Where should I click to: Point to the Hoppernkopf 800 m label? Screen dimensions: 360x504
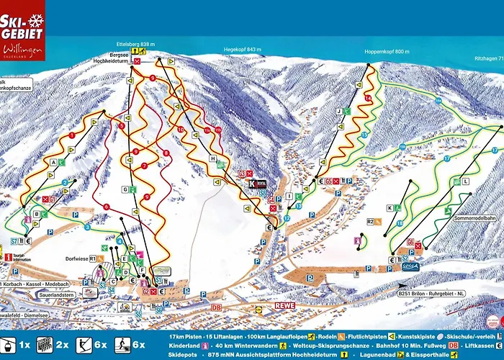(387, 52)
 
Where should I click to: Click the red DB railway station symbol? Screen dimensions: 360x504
(215, 307)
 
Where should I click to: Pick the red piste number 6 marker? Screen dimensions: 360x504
(106, 207)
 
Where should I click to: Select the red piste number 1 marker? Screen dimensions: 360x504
(72, 135)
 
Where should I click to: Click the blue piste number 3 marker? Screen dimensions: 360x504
(88, 227)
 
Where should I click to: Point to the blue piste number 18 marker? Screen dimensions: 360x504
(399, 224)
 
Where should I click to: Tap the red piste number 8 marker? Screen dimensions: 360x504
(166, 153)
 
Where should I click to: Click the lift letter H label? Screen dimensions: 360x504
(212, 158)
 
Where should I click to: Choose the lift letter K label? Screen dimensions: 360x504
(390, 208)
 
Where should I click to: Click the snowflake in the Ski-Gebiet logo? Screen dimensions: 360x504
(35, 22)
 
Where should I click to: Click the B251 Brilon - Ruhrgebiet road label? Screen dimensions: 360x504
(432, 293)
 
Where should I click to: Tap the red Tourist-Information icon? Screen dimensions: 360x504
(8, 256)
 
